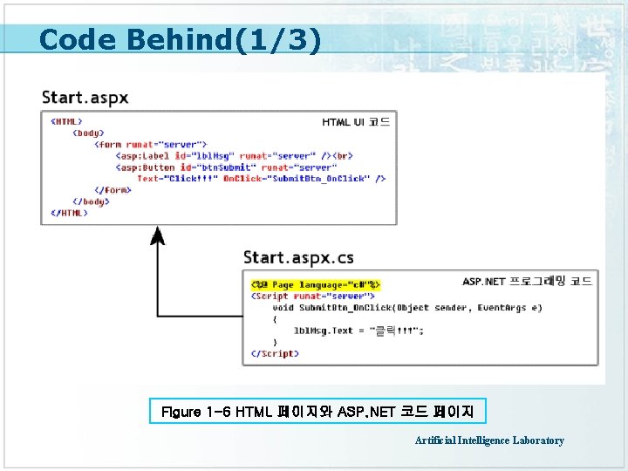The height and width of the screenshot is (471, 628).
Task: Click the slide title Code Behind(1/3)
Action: [180, 39]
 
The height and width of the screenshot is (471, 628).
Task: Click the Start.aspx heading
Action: [85, 97]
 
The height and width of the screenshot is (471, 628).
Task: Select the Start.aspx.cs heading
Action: [298, 256]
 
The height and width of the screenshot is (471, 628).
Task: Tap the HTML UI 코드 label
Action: [356, 122]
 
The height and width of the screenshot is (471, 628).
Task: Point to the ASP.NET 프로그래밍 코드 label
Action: [527, 281]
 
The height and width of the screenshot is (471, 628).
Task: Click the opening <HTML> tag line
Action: [67, 122]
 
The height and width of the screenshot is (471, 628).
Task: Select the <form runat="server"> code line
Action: [150, 145]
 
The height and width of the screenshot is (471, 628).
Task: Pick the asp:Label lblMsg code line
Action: [234, 156]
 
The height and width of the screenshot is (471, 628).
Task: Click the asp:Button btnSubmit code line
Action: [226, 167]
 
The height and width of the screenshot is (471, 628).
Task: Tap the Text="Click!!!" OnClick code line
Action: [261, 179]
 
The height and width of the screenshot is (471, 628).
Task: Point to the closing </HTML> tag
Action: [69, 213]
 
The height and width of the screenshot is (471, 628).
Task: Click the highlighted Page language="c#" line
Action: [315, 284]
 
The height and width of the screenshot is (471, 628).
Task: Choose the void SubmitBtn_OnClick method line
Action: [406, 307]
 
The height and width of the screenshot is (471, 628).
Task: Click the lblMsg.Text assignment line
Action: [358, 331]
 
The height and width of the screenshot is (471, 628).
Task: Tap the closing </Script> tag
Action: [274, 353]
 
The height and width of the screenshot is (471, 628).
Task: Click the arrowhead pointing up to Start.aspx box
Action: [157, 236]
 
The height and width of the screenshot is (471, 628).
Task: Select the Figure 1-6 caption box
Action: [318, 410]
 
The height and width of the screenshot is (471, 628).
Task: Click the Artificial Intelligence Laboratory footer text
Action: [489, 440]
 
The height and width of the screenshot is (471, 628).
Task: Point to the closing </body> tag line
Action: [90, 201]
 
